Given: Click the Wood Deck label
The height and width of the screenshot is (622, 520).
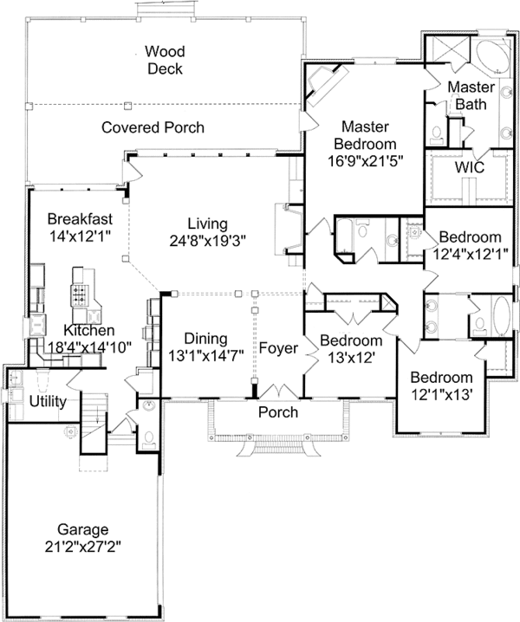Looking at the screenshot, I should click(x=164, y=61).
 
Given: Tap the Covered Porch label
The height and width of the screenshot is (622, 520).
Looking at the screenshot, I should click(x=153, y=127).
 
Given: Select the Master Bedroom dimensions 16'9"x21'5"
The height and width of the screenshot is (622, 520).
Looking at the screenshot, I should click(x=367, y=160).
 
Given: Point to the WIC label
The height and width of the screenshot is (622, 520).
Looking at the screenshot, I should click(x=470, y=165).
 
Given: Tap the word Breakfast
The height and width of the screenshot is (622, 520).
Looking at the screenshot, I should click(x=79, y=218).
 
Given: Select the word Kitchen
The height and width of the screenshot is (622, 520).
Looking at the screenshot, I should click(x=89, y=330).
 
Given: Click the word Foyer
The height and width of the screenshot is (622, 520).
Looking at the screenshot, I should click(x=278, y=348).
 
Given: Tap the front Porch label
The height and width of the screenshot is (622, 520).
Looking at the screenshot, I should click(x=278, y=411).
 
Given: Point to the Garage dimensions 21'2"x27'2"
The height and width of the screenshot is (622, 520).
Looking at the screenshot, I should click(x=82, y=547).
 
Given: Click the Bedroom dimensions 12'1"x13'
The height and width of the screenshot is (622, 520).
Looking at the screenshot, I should click(x=441, y=395).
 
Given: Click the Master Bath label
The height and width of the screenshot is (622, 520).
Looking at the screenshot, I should click(x=471, y=95).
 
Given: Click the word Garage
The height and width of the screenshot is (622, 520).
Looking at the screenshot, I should click(x=82, y=528).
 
